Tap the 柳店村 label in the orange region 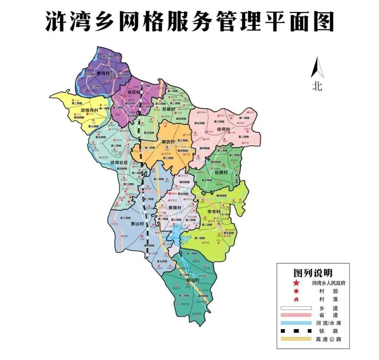point(168,142)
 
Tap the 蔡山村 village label point(137,224)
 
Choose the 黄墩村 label point(175,208)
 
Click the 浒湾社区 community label point(119,163)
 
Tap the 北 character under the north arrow point(317,86)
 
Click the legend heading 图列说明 point(313,273)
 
